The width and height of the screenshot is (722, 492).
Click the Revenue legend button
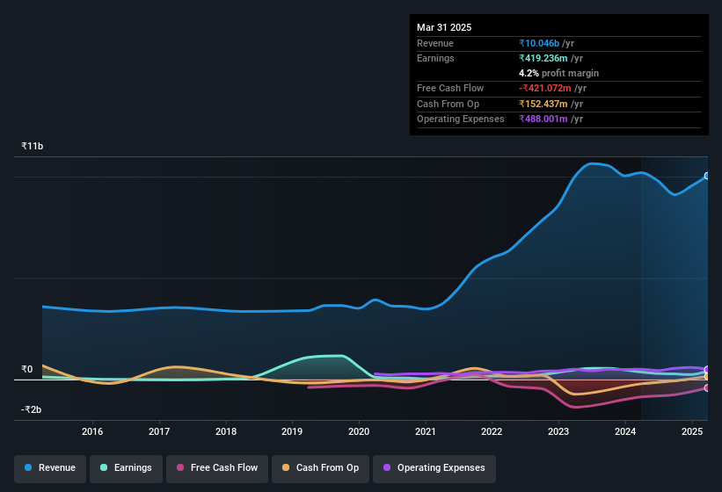point(50,467)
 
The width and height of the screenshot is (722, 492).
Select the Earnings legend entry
point(126,467)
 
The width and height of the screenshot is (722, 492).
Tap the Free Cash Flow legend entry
point(216,467)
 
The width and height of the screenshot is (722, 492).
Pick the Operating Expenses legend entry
point(434,467)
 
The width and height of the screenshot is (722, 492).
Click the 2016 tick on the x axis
point(92,431)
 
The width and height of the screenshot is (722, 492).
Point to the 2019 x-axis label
point(292,431)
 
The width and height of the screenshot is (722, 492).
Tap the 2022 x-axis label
point(492,431)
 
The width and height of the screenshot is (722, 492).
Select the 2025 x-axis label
point(691,431)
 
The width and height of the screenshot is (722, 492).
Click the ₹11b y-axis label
point(33,146)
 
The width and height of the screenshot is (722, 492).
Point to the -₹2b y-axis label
point(31,409)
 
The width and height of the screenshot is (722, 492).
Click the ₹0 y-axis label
point(26,369)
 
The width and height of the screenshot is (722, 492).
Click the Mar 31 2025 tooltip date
point(444,27)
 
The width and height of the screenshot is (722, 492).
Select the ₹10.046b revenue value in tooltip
point(546,43)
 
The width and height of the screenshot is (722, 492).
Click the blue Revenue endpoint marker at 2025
point(707,176)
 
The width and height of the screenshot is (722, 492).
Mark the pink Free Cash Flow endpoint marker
point(707,387)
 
